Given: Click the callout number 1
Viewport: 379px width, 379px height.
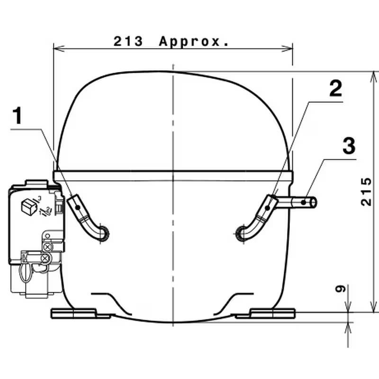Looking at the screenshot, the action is [x=17, y=116].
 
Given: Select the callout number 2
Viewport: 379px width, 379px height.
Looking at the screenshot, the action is [x=336, y=89].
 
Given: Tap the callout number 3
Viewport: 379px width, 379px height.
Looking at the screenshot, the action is [x=349, y=146].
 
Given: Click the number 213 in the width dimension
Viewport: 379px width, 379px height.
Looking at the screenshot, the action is [x=128, y=41].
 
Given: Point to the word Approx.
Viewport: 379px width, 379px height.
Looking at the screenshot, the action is [x=194, y=42].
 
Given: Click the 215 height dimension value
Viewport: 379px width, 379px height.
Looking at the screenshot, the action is [x=366, y=192].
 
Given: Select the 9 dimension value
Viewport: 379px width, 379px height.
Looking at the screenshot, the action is [x=341, y=289].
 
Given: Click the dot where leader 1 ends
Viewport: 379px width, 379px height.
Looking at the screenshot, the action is [x=78, y=208].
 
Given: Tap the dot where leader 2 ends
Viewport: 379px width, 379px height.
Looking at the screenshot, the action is [x=267, y=208].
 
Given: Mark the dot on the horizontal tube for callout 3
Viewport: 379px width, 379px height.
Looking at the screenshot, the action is [x=304, y=203].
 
